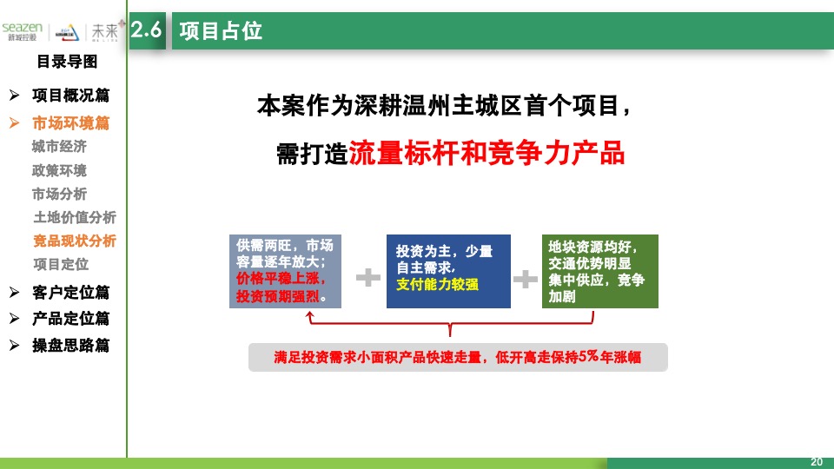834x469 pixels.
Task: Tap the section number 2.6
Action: [146, 30]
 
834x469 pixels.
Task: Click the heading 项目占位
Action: [221, 31]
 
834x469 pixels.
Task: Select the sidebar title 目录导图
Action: [66, 62]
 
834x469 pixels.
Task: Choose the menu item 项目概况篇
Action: [70, 96]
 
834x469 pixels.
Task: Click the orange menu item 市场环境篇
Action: [70, 123]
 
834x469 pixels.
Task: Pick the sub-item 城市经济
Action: [59, 147]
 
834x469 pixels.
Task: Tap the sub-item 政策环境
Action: [59, 170]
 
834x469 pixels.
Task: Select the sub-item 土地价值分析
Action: [74, 217]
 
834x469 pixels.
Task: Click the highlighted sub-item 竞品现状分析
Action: [74, 241]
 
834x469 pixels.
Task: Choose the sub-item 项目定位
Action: [60, 264]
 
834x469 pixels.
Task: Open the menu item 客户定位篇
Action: [70, 293]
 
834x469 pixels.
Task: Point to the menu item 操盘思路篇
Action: [70, 345]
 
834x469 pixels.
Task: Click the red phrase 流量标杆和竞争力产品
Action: [486, 154]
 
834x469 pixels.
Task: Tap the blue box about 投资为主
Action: [447, 271]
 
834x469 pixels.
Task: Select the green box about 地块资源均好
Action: [599, 271]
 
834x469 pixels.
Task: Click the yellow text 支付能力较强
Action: [436, 284]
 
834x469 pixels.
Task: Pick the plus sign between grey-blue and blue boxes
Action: [368, 278]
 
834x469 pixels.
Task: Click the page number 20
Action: [816, 461]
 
